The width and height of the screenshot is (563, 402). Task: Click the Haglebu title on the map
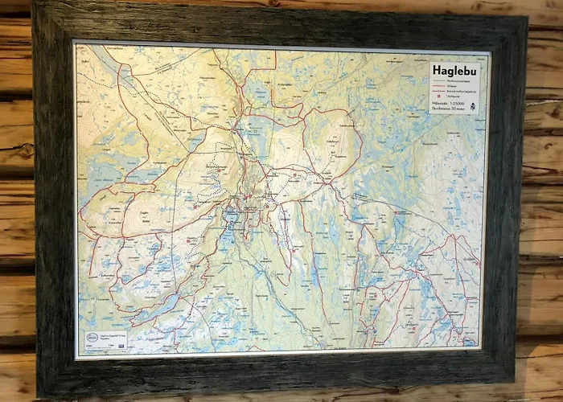click(455, 71)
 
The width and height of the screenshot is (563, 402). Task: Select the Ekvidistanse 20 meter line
click(454, 113)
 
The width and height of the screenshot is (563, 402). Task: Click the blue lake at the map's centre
click(231, 216)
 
